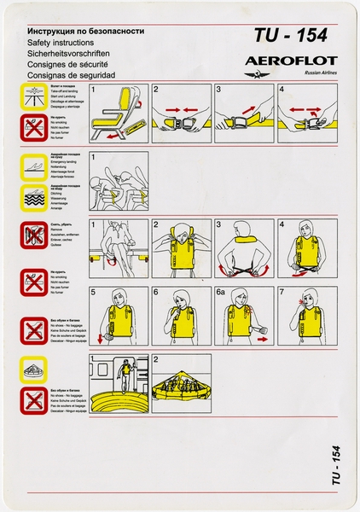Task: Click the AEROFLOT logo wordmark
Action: (290, 61)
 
